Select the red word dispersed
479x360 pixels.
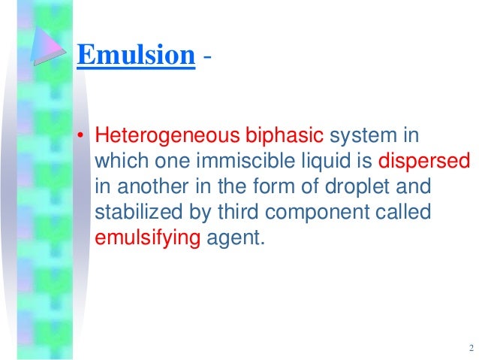pos(424,162)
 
